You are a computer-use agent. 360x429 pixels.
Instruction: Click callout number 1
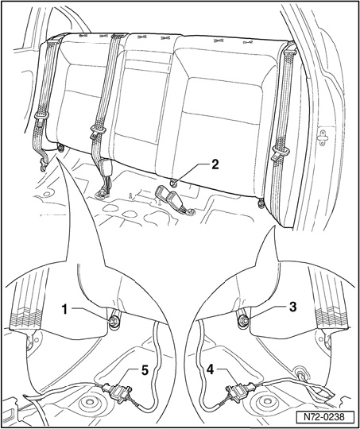[65, 311]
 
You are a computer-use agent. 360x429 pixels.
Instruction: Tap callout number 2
[215, 164]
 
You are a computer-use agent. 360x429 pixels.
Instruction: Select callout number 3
[292, 307]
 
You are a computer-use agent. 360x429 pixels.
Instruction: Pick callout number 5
[145, 371]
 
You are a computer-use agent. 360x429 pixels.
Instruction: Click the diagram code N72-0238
[325, 418]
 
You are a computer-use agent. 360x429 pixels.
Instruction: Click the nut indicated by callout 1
[112, 322]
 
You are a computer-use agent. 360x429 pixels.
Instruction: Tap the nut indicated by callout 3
[243, 319]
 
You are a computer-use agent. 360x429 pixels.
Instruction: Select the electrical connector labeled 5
[117, 391]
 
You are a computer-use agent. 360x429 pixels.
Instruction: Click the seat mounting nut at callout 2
[174, 182]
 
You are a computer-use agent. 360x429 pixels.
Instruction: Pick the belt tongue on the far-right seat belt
[279, 154]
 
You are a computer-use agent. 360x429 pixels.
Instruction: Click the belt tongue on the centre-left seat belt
[96, 130]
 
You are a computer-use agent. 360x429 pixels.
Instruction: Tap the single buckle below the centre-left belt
[105, 168]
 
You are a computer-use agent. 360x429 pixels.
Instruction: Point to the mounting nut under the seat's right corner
[261, 203]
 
